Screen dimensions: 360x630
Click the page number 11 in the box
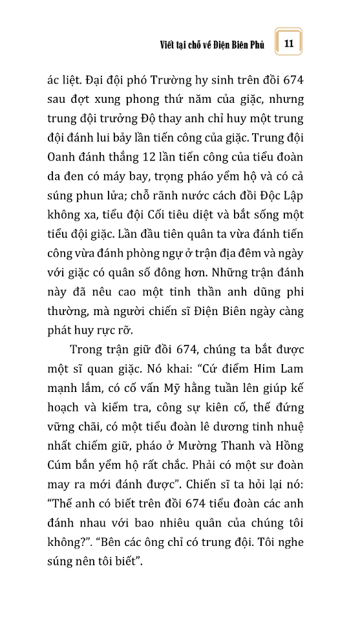pos(289,43)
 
